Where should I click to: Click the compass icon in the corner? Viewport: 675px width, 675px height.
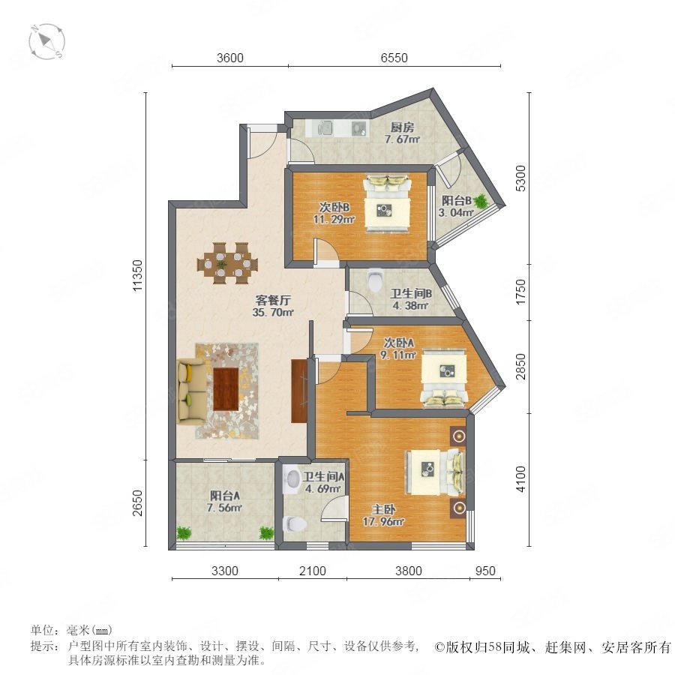point(46,42)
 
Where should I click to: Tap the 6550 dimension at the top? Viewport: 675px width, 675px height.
point(394,58)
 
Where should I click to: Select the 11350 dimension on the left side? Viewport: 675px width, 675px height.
point(137,275)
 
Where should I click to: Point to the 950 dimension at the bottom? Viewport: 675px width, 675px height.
point(485,571)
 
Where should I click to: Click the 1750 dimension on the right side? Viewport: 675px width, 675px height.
point(520,292)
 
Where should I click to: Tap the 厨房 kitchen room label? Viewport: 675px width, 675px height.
point(402,127)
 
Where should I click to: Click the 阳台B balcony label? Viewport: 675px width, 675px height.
point(456,200)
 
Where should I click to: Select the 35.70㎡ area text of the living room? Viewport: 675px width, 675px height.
point(273,312)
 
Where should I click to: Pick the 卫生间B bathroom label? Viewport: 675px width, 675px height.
point(411,294)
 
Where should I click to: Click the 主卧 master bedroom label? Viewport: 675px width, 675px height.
point(383,510)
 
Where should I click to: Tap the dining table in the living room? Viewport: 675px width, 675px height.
point(227,263)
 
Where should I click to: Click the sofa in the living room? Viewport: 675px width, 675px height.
point(192,391)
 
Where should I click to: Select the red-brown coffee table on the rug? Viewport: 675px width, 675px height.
point(226,388)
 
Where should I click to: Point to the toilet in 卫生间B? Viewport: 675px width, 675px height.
point(376,280)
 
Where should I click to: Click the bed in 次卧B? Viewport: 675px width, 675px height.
point(387,203)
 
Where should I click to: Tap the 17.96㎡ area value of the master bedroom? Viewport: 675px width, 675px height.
point(383,522)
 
